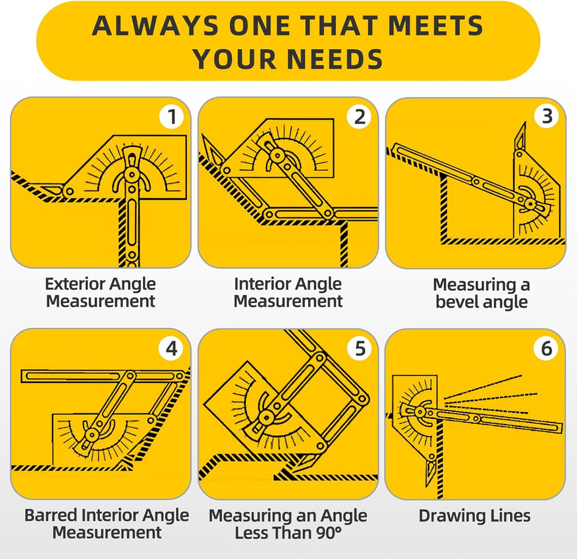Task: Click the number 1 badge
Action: click(x=171, y=117)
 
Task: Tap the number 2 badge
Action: click(x=359, y=117)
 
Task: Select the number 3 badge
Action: click(x=547, y=117)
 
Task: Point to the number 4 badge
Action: click(x=171, y=348)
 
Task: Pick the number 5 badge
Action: click(x=360, y=348)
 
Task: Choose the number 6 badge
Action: click(x=546, y=348)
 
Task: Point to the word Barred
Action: click(x=51, y=515)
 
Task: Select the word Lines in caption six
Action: click(x=511, y=516)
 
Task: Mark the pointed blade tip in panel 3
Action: click(x=524, y=123)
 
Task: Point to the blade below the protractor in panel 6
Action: click(x=430, y=471)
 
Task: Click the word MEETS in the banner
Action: click(x=435, y=26)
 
